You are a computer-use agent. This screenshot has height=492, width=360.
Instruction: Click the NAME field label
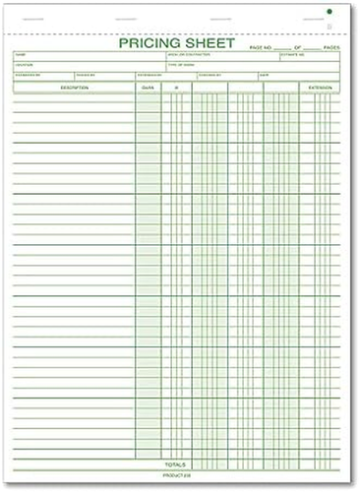20,54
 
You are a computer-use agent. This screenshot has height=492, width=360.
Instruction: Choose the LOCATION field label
24,64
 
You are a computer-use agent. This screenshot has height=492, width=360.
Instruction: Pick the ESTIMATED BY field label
27,75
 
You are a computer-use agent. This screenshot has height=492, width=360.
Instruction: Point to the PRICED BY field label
85,75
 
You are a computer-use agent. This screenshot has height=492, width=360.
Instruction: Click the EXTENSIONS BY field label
150,75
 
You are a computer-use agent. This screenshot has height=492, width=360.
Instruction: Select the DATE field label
265,75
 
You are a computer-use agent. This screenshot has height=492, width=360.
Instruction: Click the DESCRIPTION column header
73,89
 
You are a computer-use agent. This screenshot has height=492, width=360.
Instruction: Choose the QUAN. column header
148,89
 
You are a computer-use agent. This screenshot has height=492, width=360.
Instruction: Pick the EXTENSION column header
321,89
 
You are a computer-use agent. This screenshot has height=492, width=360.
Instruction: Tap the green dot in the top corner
330,12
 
